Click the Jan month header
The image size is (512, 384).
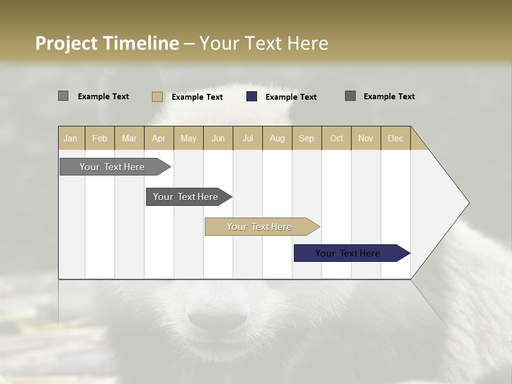[71, 138]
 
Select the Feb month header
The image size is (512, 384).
[100, 138]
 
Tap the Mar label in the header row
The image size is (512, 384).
[129, 138]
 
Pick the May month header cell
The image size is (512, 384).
[188, 138]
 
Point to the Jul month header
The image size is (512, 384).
[247, 138]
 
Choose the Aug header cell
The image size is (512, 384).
[277, 138]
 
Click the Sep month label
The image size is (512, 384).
[307, 138]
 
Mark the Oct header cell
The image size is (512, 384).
[337, 138]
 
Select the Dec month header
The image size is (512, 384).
[395, 138]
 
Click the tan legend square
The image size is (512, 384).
[157, 97]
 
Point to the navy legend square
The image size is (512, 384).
[252, 97]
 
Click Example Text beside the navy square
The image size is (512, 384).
[291, 97]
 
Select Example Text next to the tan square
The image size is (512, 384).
[197, 97]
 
